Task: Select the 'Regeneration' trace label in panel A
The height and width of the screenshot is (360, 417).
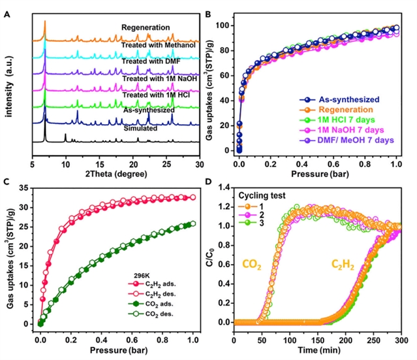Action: coord(146,27)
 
